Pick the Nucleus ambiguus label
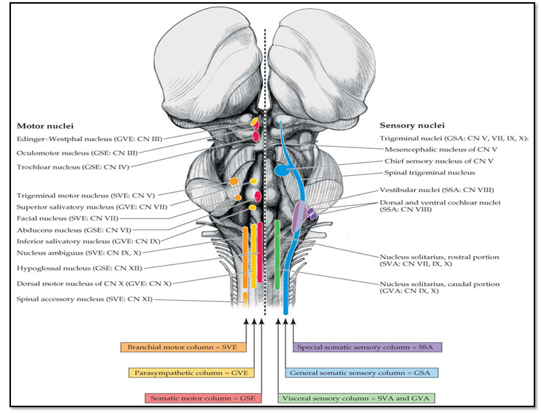pyautogui.click(x=64, y=253)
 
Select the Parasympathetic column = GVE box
pyautogui.click(x=180, y=373)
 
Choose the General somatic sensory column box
pyautogui.click(x=361, y=373)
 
